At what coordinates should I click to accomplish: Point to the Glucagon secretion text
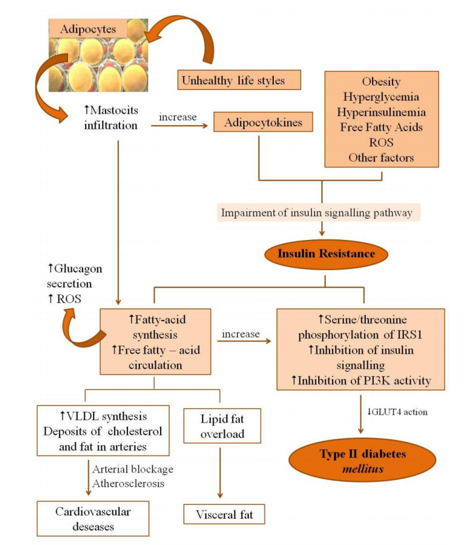coord(75,276)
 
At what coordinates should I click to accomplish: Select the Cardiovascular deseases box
coord(93,518)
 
